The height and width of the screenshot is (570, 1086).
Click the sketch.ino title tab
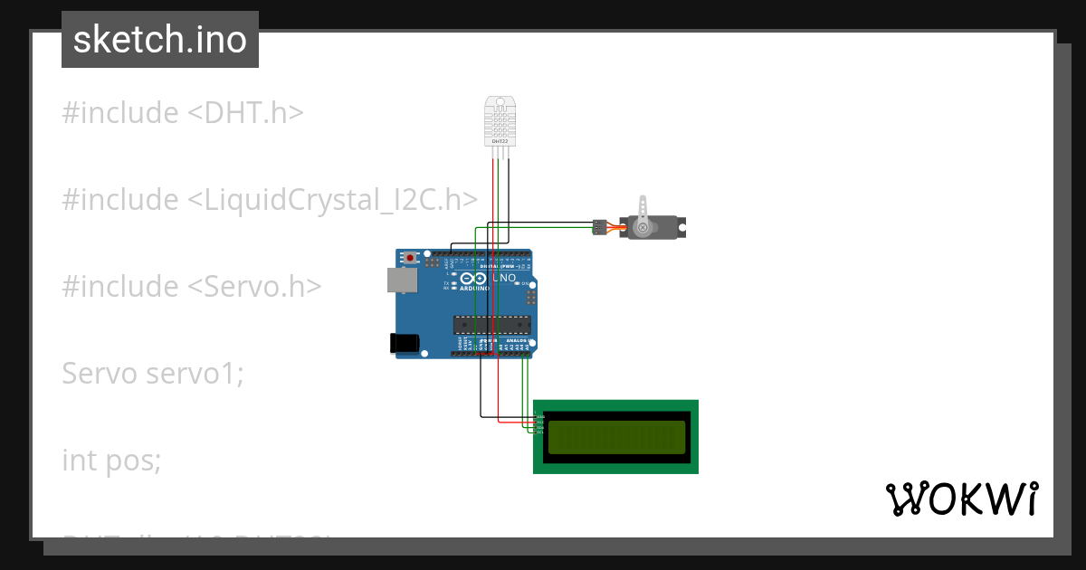pos(160,40)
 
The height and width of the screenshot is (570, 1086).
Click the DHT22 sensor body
pos(499,122)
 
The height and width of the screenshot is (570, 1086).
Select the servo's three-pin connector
pos(598,226)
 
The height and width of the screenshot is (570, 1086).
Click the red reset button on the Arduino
pos(411,258)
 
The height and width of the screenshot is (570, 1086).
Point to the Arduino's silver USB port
pos(402,280)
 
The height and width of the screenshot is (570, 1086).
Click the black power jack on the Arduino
pos(404,342)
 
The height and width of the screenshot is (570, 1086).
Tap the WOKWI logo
pos(960,499)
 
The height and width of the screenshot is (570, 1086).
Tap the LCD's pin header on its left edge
pos(539,423)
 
